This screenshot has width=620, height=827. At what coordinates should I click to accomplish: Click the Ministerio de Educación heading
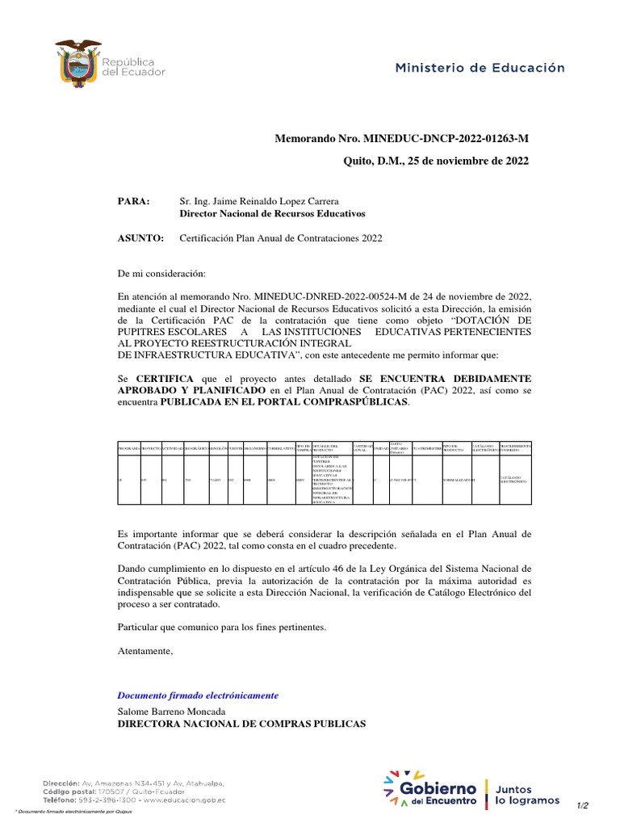(x=480, y=69)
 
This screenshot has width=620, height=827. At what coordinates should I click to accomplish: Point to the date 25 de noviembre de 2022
(x=462, y=162)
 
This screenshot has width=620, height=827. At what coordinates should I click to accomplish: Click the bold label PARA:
(x=134, y=201)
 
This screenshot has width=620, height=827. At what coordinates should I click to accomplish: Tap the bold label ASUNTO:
(x=140, y=239)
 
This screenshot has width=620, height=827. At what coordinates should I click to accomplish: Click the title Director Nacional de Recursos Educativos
(x=271, y=214)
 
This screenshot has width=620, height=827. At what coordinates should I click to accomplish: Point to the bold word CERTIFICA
(x=165, y=378)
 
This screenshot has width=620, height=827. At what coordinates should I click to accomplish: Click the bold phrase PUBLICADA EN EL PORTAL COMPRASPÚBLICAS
(x=284, y=403)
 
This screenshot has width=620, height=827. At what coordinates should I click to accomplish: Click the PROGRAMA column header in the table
(x=129, y=447)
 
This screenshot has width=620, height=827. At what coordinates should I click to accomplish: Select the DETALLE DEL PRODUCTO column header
(x=329, y=447)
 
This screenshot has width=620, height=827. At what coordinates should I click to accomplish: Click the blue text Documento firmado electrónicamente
(x=198, y=695)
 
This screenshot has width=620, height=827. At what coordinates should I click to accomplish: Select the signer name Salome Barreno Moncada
(x=172, y=712)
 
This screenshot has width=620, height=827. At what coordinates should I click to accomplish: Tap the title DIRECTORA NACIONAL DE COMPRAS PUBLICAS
(x=241, y=724)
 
